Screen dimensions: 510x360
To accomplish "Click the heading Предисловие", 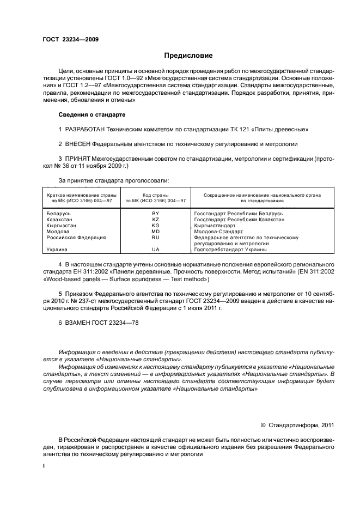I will tap(188, 56).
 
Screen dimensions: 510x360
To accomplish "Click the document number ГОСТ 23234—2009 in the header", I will tap(70, 39).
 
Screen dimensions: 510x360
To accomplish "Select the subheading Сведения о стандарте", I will tap(91, 115).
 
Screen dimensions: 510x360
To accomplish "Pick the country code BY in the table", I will tap(155, 214).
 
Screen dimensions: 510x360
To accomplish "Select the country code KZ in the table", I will tap(155, 220).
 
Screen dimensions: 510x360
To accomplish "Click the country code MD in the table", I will tap(155, 232).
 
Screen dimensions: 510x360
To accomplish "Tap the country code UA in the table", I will tap(155, 250).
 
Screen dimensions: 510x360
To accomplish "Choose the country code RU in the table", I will tap(155, 238).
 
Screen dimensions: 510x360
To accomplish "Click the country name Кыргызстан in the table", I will tap(62, 226).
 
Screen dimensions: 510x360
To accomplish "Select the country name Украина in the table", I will tap(57, 250).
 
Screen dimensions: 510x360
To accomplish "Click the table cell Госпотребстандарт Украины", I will tap(230, 250).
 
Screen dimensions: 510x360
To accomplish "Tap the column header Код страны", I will tap(155, 195).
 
